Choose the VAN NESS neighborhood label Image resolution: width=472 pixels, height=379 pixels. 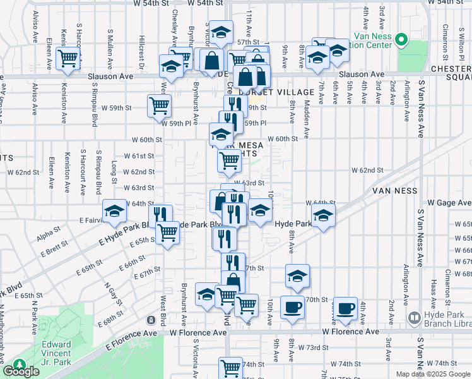pos(396,189)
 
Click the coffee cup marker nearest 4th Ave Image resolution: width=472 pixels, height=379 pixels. pos(345,308)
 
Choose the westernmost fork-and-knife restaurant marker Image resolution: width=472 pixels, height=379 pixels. pos(160,215)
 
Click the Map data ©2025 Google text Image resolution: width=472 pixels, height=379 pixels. pos(432,374)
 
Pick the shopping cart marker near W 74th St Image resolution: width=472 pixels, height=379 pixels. pos(230,368)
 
